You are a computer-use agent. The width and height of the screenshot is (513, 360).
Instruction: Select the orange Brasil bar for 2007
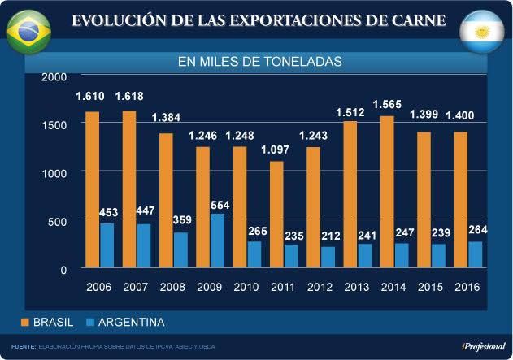coord(128,189)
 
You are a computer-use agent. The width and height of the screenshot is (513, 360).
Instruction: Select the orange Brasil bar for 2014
coord(386,192)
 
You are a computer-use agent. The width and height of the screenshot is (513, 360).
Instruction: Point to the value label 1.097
coord(276,149)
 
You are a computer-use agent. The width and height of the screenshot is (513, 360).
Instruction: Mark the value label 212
coord(328,237)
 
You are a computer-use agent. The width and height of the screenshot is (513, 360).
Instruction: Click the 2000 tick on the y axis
coord(54,77)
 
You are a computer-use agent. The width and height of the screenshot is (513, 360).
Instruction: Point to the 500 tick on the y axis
coord(57,221)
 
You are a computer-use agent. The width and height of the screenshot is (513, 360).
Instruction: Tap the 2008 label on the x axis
coord(172,287)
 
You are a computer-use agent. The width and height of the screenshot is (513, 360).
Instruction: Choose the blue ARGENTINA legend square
coord(87,323)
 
